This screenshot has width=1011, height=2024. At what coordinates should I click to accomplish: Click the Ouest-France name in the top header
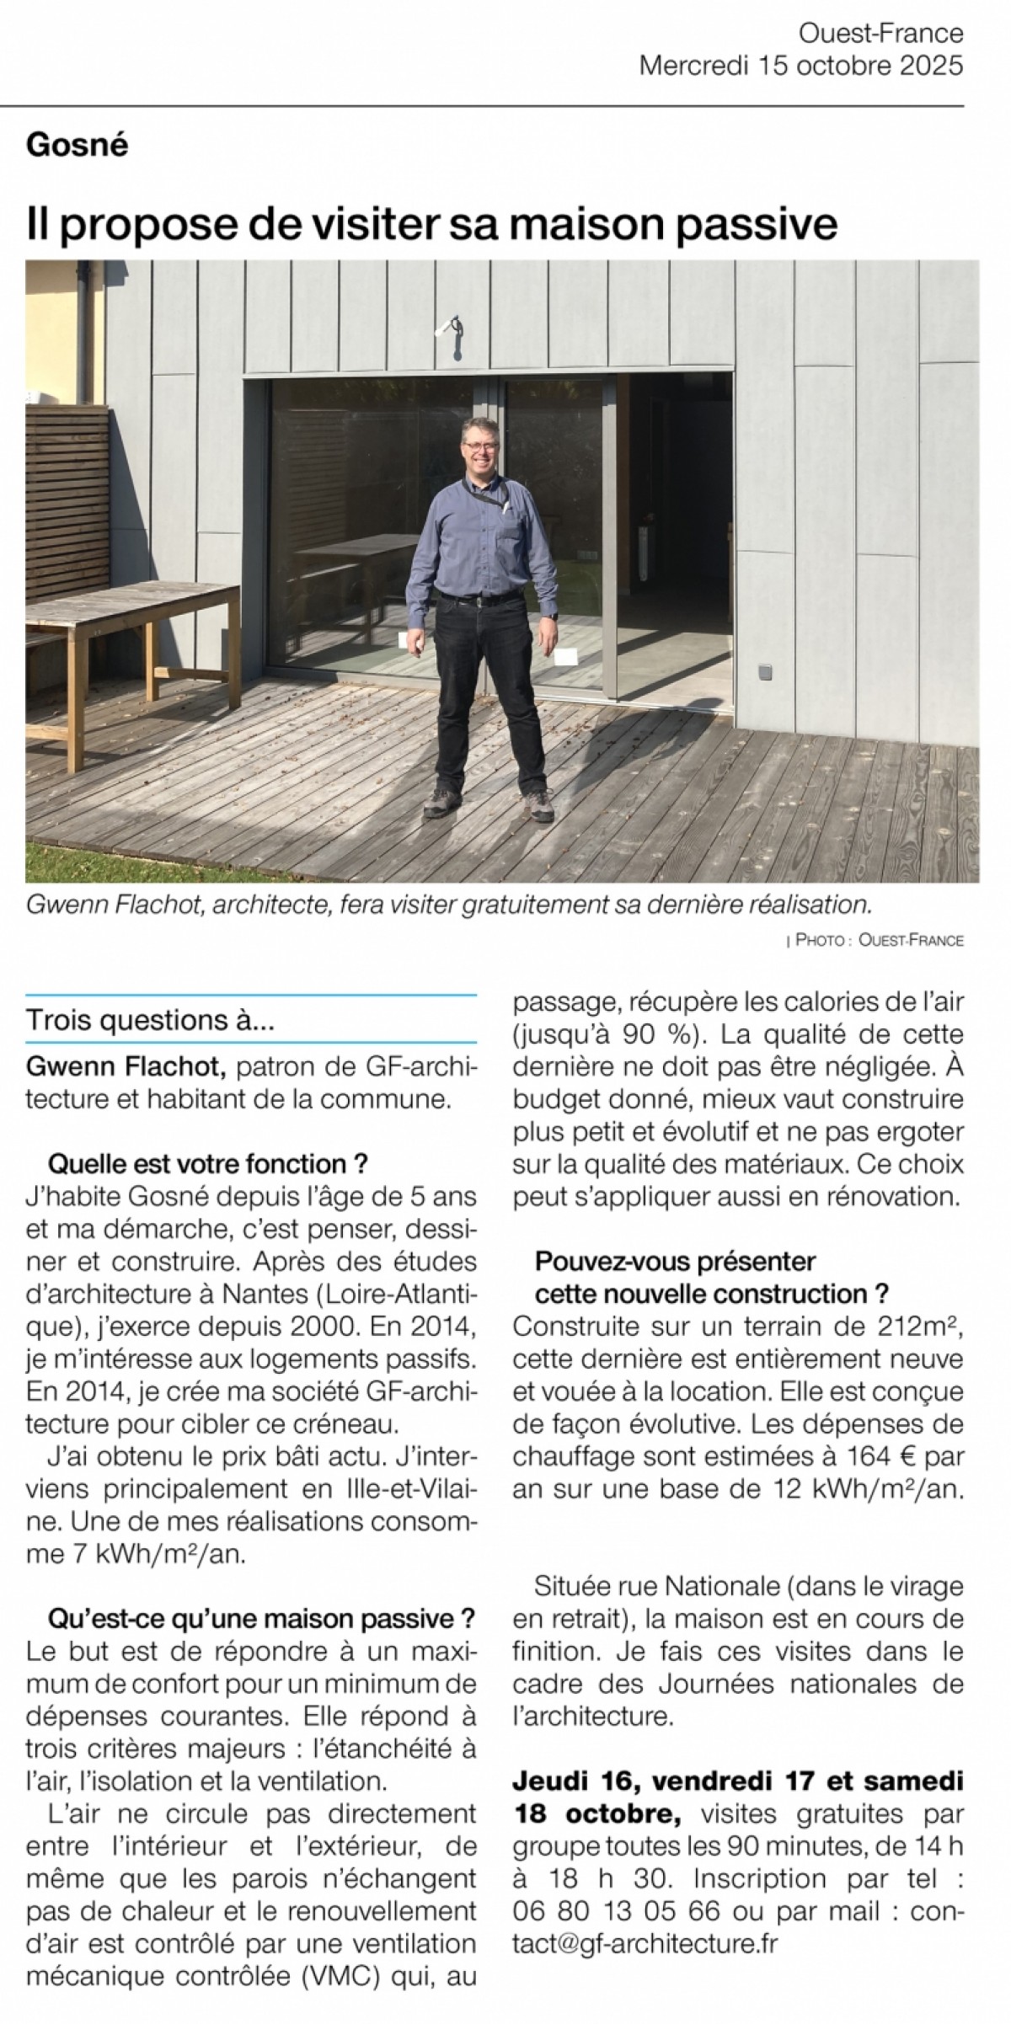[880, 34]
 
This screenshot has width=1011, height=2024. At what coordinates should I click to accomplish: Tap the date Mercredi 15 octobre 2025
[800, 66]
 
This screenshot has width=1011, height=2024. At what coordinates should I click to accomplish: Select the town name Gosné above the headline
[78, 146]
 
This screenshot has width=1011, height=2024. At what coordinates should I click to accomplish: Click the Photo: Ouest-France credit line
[875, 940]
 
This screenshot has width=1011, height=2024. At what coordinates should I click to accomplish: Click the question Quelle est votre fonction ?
[209, 1164]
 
